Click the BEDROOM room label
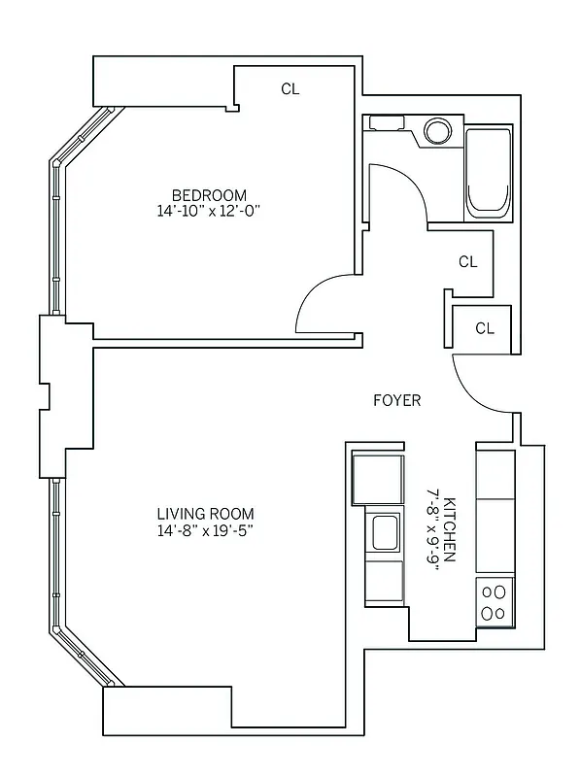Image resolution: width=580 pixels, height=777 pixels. coord(209,194)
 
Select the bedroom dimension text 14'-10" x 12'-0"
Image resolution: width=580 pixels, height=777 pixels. coord(209,211)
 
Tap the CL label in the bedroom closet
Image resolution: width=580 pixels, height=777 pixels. coord(290,89)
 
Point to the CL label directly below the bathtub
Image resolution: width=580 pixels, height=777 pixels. coord(467,261)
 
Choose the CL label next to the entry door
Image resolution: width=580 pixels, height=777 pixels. coord(485,328)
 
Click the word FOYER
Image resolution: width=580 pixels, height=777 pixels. coord(397,400)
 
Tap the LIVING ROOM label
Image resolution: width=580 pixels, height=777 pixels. coord(205,514)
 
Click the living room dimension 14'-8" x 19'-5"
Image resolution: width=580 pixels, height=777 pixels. coord(205,530)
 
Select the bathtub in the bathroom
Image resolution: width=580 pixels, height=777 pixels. coord(488,173)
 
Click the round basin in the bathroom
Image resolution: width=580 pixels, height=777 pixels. coord(438,131)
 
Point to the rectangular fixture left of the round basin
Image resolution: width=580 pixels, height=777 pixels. coord(385,123)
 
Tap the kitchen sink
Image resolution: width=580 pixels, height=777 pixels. coord(385,531)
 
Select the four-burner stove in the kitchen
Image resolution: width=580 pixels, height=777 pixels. coord(495,600)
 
